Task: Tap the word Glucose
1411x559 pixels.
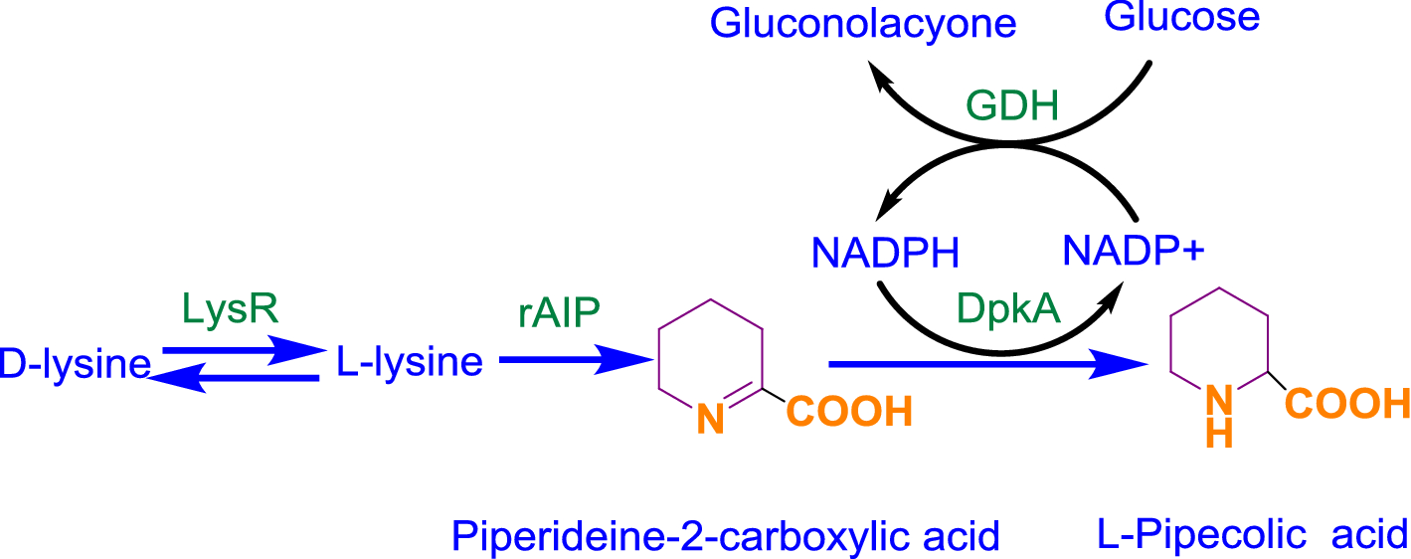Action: [x=1182, y=16]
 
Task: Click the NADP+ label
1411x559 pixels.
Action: [x=1134, y=249]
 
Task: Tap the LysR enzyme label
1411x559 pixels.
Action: [x=231, y=310]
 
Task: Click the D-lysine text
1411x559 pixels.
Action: [x=75, y=364]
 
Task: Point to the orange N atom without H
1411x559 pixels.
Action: [x=709, y=420]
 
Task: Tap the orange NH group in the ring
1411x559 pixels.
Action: [x=1221, y=416]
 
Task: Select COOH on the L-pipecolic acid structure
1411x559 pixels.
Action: [x=1347, y=403]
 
